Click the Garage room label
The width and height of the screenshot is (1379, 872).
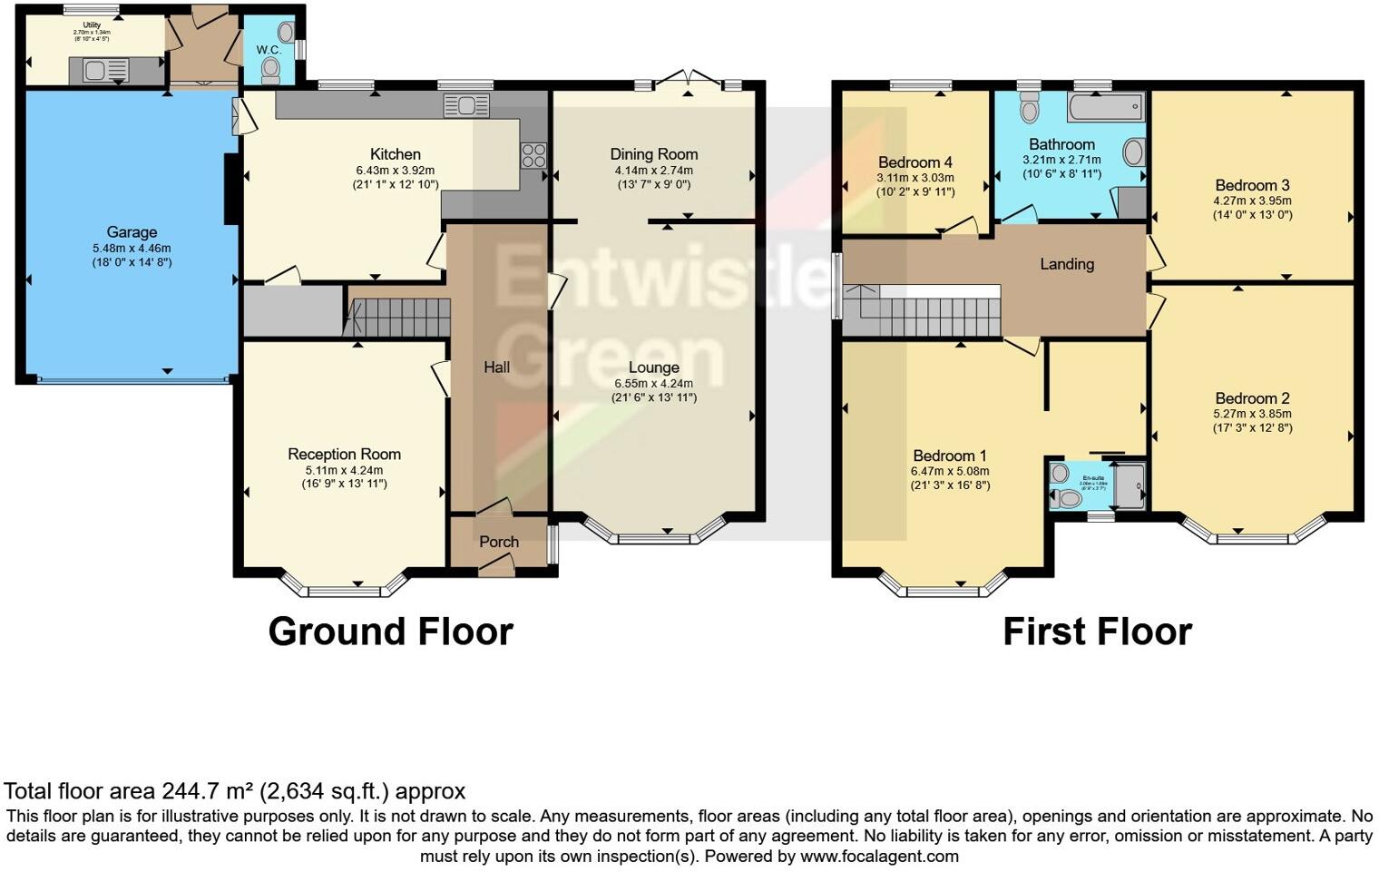point(132,232)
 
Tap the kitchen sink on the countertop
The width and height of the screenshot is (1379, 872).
point(465,106)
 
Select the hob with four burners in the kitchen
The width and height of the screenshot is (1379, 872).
point(533,155)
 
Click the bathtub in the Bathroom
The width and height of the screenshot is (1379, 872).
point(1105,108)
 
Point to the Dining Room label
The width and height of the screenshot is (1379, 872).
point(653,154)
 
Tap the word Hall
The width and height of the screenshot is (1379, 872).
point(496,367)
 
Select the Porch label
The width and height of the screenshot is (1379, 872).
point(499,542)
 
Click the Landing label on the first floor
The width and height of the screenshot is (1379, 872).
point(1066,264)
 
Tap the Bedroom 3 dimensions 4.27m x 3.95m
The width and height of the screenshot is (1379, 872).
point(1252,201)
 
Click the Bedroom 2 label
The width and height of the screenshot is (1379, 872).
point(1252,398)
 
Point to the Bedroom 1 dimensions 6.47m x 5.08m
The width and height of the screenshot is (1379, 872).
point(950,472)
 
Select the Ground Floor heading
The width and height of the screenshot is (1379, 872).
point(390,632)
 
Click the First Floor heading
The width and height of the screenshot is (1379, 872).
point(1097,632)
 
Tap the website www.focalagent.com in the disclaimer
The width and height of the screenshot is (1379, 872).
point(879,856)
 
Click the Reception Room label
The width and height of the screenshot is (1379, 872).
point(344,455)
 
